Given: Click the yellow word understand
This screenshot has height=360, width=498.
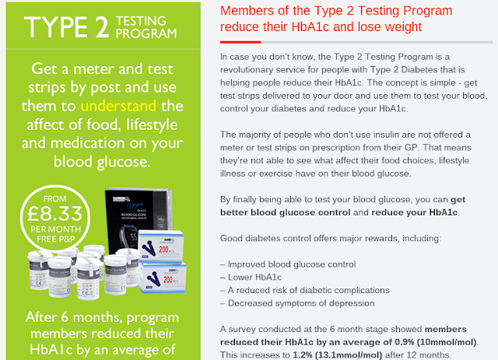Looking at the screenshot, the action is pos(118,106).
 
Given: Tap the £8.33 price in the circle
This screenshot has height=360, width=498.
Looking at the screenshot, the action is pos(55,214).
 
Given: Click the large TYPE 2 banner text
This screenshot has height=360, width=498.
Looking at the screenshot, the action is pos(67,27).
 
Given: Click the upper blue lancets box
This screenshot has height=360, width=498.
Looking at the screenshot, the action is pos(161,246).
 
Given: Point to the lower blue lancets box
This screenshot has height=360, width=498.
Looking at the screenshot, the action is pos(163,277).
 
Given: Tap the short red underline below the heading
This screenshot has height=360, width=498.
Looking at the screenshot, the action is pos(240,42).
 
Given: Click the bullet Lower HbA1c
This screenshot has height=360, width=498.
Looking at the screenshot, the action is pos(251,277).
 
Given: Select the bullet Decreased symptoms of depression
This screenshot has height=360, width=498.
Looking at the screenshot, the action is pos(297,303).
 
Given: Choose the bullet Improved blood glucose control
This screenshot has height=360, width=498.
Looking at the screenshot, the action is pos(288,264).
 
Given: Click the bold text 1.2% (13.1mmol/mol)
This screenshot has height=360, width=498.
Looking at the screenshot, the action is pos(337,355).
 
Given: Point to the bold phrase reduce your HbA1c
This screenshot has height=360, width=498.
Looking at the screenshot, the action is pos(415,212).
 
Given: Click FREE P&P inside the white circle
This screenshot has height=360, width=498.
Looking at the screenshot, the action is pos(56,239).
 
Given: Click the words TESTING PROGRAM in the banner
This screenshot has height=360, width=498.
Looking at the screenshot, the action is pos(146,27).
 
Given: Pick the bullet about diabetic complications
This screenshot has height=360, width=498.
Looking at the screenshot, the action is pos(305,290).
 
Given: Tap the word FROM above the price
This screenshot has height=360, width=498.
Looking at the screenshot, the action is pos(55,199).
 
